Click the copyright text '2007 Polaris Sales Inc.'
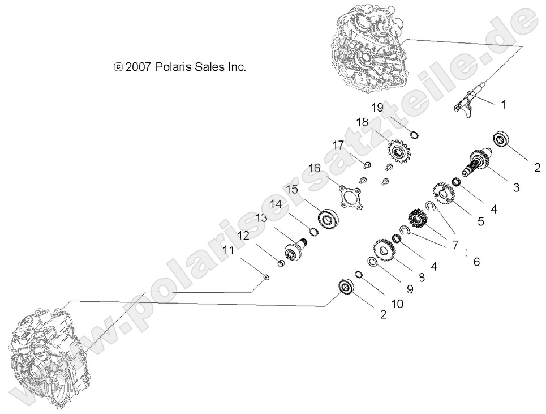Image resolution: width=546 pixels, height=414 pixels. pos(179,67)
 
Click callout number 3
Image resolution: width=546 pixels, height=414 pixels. pos(515,187)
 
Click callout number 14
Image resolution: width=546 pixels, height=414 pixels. pos(275,204)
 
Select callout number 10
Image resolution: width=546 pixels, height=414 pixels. pos(396,304)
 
